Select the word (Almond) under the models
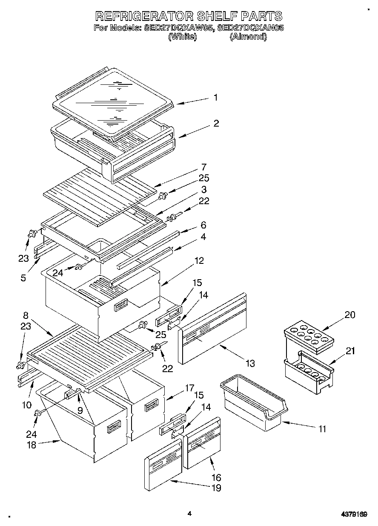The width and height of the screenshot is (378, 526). pos(248,37)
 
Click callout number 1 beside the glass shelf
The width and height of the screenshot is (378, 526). pos(215,98)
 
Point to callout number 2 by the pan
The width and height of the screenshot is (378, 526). pos(216,124)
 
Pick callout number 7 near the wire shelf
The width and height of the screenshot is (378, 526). pos(203,167)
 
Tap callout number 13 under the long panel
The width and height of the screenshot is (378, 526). pos(250,363)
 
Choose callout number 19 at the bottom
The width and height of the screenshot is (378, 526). pos(217,488)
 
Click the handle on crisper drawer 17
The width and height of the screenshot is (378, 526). pos(152,406)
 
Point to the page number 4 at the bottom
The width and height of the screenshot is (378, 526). pos(189,514)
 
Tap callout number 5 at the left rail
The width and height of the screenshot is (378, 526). pos(23,278)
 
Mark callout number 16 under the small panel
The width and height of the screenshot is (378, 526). pos(216,477)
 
